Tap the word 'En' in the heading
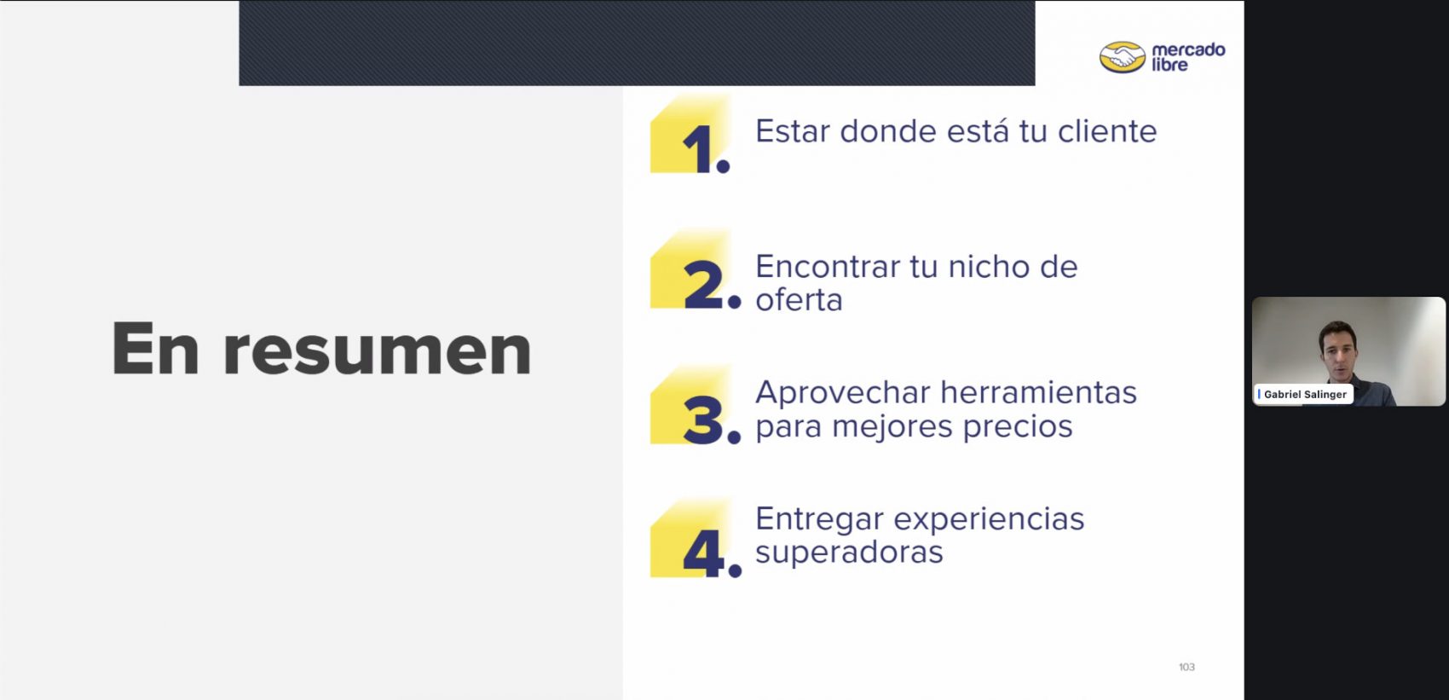pyautogui.click(x=155, y=347)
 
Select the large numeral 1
pyautogui.click(x=698, y=149)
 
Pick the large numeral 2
pyautogui.click(x=703, y=284)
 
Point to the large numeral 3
pyautogui.click(x=703, y=419)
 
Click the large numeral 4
pyautogui.click(x=704, y=553)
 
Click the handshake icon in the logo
pyautogui.click(x=1123, y=57)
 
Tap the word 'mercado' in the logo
pyautogui.click(x=1188, y=49)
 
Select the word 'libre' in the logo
pyautogui.click(x=1169, y=65)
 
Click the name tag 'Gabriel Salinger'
pyautogui.click(x=1304, y=394)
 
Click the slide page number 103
pyautogui.click(x=1186, y=667)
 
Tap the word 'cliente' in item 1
pyautogui.click(x=1107, y=131)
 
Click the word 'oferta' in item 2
pyautogui.click(x=799, y=299)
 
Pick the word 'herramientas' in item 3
pyautogui.click(x=1038, y=392)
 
